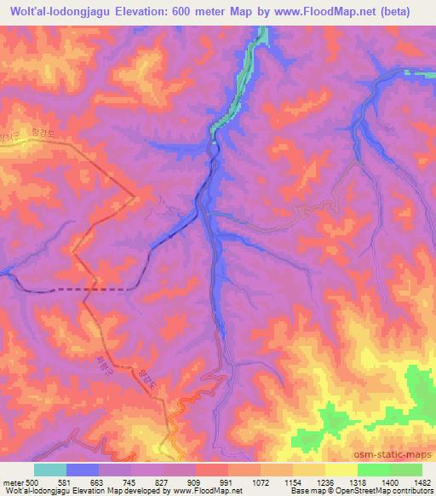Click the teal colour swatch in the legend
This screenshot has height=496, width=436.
[50, 470]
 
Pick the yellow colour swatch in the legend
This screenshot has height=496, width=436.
[341, 470]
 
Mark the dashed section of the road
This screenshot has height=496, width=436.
[85, 290]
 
